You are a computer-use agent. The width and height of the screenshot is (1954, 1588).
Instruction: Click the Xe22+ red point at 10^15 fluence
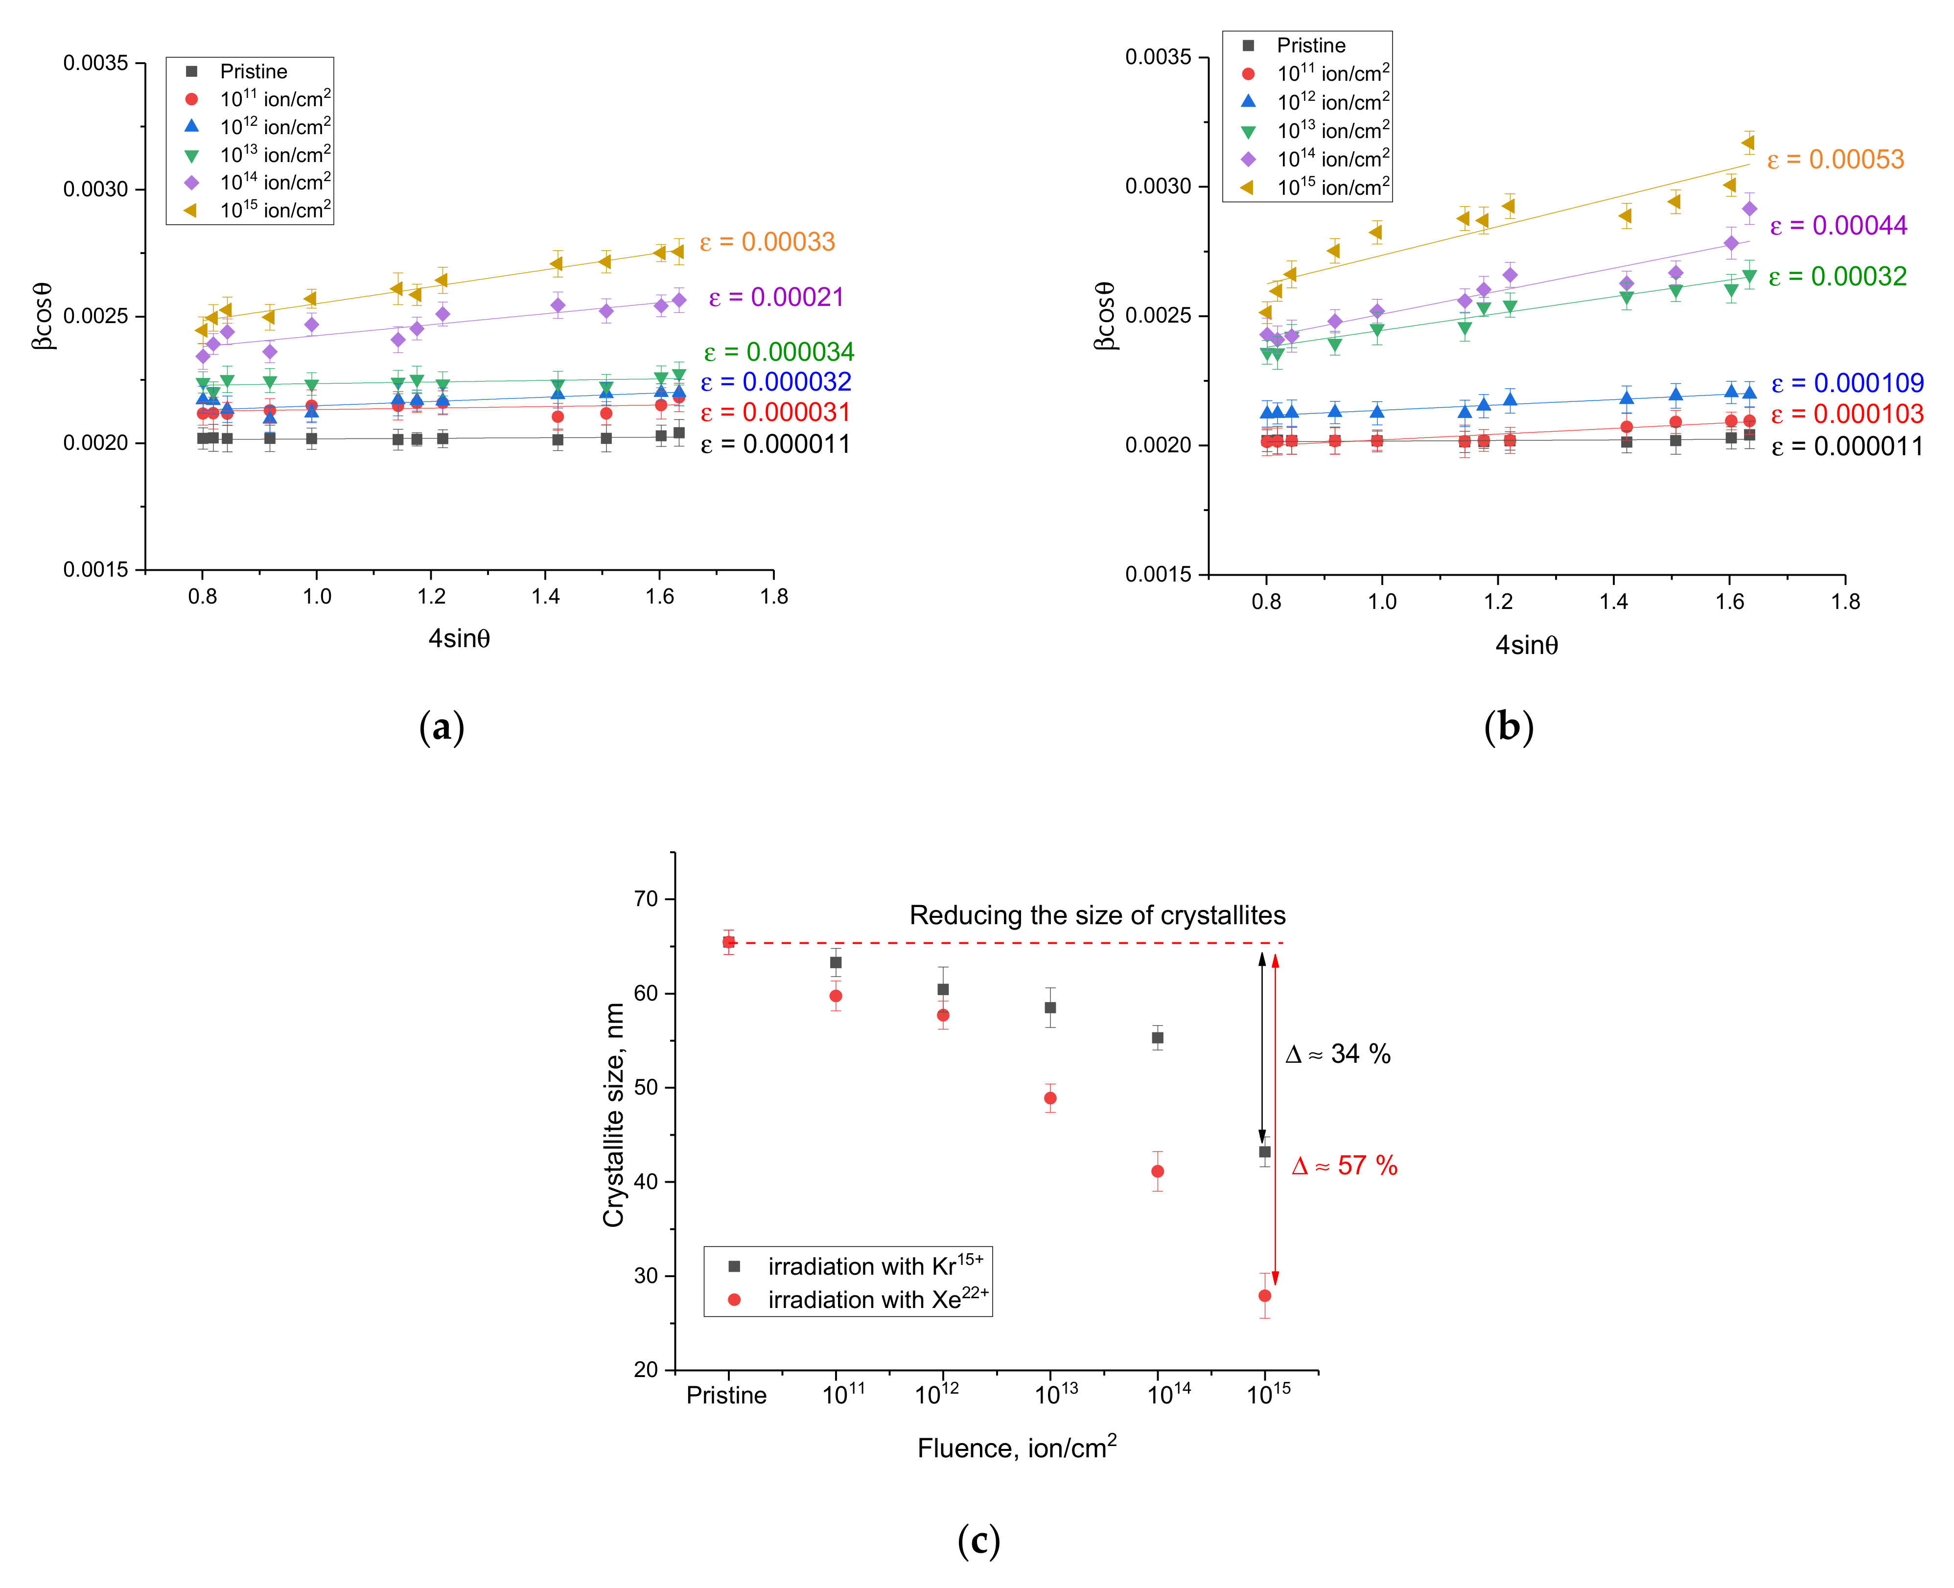(x=1264, y=1295)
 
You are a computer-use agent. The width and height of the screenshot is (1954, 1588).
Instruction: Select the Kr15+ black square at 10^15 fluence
(x=1264, y=1152)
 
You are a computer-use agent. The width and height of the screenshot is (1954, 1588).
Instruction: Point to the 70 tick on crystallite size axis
(x=646, y=899)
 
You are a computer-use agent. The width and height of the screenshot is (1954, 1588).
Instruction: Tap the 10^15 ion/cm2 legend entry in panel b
(x=1332, y=187)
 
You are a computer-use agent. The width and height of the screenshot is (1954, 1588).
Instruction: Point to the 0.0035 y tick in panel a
(x=95, y=63)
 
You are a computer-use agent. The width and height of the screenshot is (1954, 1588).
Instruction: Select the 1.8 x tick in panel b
(x=1845, y=601)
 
